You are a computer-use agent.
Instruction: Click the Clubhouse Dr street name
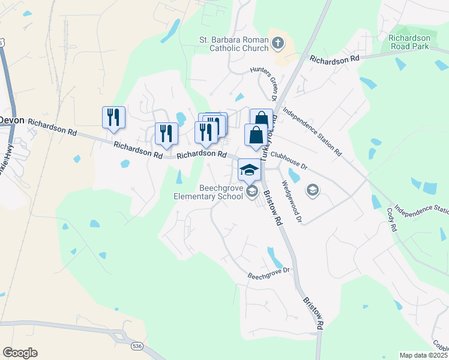point(289,158)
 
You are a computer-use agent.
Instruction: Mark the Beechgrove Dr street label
point(269,274)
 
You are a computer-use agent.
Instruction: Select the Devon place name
point(11,120)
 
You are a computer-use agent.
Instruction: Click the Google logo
point(19,353)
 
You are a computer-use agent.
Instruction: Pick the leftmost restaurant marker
point(113,118)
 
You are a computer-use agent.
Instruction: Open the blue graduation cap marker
point(249,170)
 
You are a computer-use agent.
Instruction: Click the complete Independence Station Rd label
point(312,132)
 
